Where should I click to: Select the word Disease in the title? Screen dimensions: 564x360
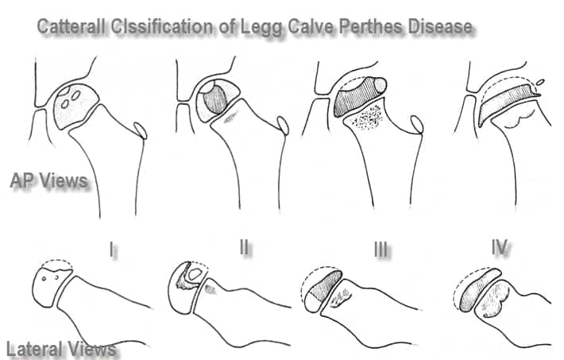(x=440, y=27)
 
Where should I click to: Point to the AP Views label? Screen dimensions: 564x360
(x=49, y=180)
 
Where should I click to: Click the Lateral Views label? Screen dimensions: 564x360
(x=61, y=349)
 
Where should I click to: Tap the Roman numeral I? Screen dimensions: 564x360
(x=113, y=249)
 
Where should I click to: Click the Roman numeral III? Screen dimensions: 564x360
(x=381, y=249)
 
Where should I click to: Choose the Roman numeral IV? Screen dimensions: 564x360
(x=500, y=247)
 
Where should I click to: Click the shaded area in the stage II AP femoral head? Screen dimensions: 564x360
(x=214, y=99)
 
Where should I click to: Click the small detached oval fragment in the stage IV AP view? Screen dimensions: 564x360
(x=539, y=83)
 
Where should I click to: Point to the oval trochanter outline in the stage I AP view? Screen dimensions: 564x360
(x=141, y=130)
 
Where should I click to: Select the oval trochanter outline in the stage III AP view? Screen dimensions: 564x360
(x=417, y=125)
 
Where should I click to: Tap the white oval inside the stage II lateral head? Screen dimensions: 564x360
(x=195, y=274)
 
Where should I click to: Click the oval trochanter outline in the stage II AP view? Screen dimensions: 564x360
(x=283, y=125)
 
